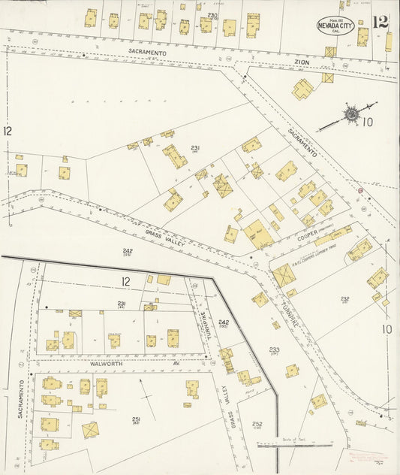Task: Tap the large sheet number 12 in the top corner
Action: click(x=380, y=22)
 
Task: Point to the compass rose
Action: click(x=350, y=114)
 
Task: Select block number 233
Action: click(x=275, y=349)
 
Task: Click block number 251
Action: click(x=136, y=419)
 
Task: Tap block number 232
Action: click(x=345, y=298)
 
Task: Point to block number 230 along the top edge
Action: click(x=212, y=15)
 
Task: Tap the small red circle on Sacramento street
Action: click(x=359, y=191)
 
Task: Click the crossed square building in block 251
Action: click(x=92, y=430)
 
